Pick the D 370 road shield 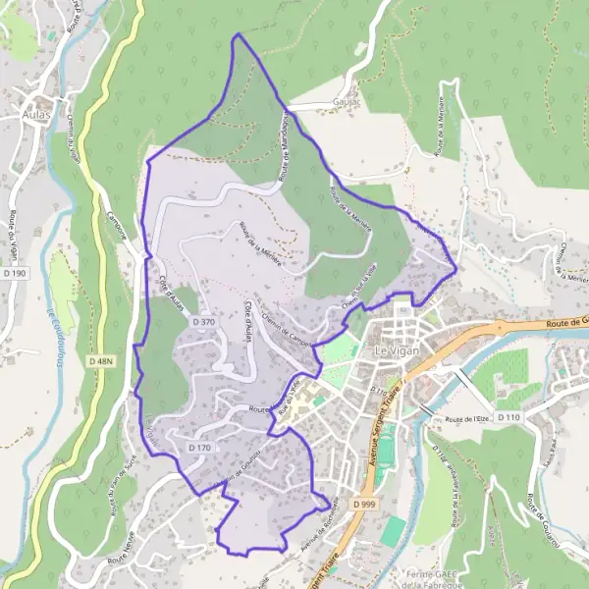click(x=203, y=321)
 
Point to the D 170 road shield click(x=199, y=447)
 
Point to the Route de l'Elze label click(x=466, y=419)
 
